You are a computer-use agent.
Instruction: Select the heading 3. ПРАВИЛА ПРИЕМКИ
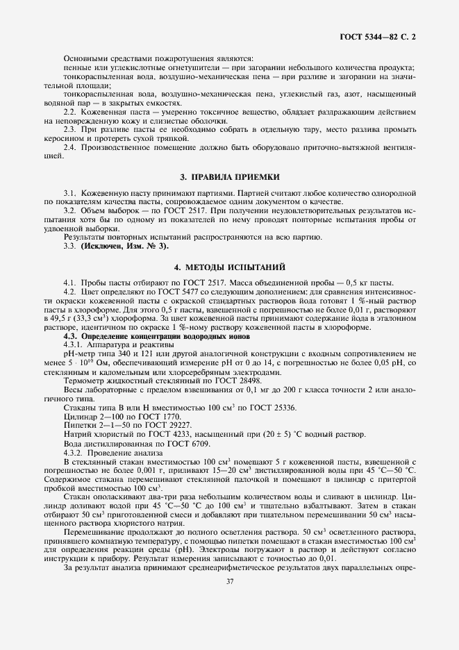(x=229, y=178)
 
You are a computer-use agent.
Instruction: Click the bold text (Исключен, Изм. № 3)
(x=124, y=246)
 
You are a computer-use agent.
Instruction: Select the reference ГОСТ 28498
(x=240, y=381)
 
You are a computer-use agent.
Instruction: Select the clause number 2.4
(x=70, y=148)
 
